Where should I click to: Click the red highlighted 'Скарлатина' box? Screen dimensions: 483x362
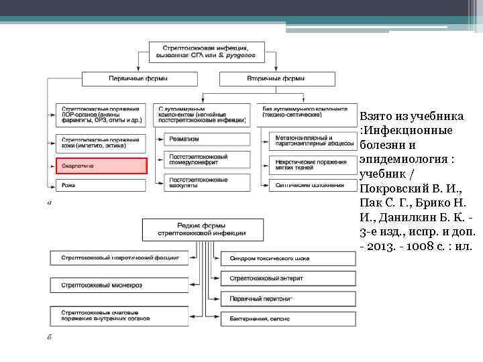[x=101, y=166]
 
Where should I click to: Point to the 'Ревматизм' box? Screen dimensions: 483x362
[x=202, y=139]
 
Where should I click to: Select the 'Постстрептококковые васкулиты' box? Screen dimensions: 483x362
[x=202, y=182]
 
